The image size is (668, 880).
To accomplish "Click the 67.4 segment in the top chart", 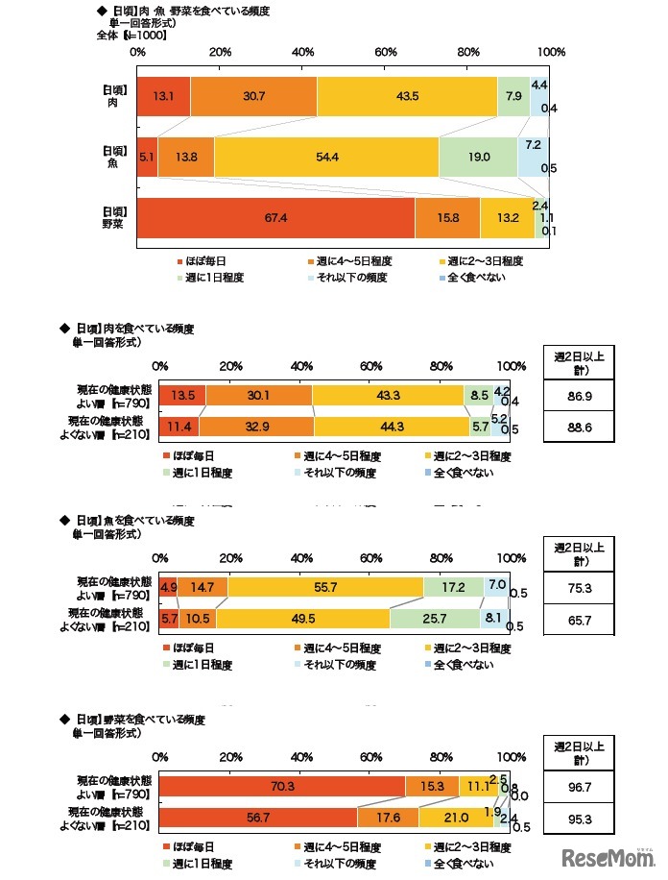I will [x=276, y=217].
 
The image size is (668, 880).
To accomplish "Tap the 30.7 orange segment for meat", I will [x=253, y=96].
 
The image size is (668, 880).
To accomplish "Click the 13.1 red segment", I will [x=163, y=96].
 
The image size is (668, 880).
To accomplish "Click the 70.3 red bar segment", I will [x=282, y=786].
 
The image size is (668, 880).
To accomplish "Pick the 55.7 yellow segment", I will [x=325, y=585].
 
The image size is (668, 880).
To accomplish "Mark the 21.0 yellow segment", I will [x=455, y=817].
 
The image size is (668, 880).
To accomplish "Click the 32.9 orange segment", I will [x=256, y=426].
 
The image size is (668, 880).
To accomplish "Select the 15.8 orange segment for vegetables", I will [x=447, y=217].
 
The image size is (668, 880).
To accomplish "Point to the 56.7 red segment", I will [x=257, y=817].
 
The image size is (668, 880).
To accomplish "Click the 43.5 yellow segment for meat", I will [x=407, y=96].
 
